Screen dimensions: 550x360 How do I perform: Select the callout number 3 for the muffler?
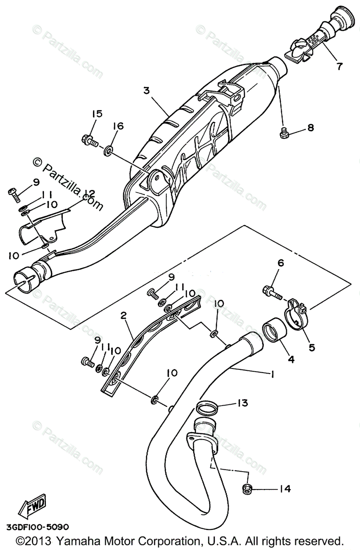(147, 90)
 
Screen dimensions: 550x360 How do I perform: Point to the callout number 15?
(97, 114)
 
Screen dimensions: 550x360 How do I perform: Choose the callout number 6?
(281, 263)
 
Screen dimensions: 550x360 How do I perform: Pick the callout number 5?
(312, 347)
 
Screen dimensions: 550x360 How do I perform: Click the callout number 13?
(242, 403)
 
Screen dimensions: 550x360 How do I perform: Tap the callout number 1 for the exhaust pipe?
(272, 374)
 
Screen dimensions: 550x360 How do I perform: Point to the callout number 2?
(123, 315)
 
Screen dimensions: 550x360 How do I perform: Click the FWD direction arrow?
(32, 506)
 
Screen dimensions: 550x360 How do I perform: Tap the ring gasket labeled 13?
(206, 407)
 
